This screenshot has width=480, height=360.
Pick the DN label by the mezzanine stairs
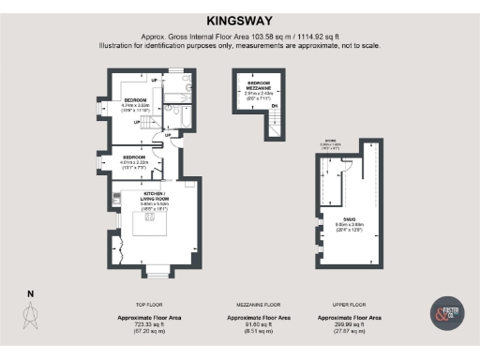274,106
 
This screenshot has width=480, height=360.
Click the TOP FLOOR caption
143,305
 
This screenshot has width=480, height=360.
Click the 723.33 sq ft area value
143,324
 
